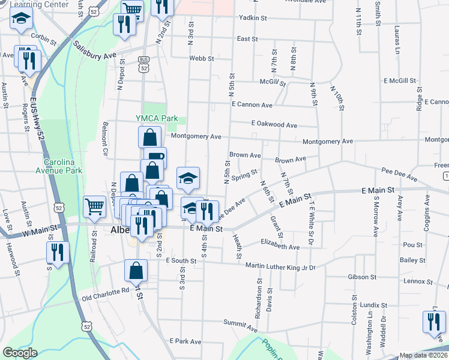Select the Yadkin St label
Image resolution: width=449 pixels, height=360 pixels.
coord(253,18)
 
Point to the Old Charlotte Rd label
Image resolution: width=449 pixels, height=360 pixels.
coord(106,292)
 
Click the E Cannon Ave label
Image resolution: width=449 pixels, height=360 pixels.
coord(252,104)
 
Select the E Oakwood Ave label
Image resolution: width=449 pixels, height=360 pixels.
coord(274,125)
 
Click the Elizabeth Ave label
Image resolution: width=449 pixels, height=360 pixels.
coord(280,247)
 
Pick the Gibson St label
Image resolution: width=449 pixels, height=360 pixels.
coord(363,277)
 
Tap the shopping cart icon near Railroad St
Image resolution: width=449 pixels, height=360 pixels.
coord(95,207)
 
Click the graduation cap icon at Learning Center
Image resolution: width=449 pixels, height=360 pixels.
coord(21,20)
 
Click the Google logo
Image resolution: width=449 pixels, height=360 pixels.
coord(20,353)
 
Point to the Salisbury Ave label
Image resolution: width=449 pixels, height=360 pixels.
coord(95,50)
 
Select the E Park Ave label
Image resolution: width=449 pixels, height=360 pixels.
coord(185,341)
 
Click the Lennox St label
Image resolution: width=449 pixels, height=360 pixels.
coord(414,281)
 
